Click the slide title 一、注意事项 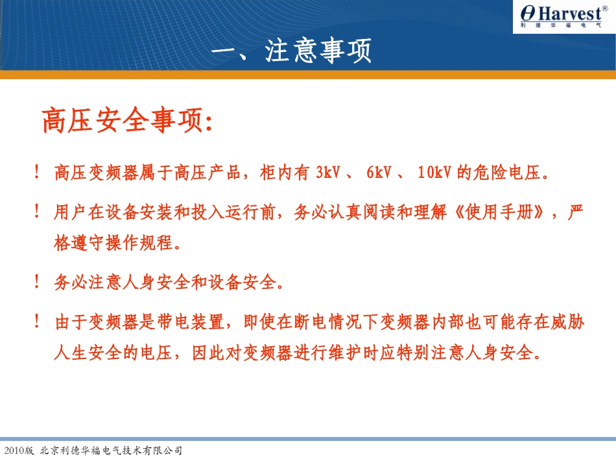tap(292, 52)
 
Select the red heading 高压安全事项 tap(126, 121)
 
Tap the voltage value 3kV tap(333, 173)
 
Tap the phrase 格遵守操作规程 tap(114, 244)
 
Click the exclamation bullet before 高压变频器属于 tap(38, 173)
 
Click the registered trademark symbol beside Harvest tap(605, 7)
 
